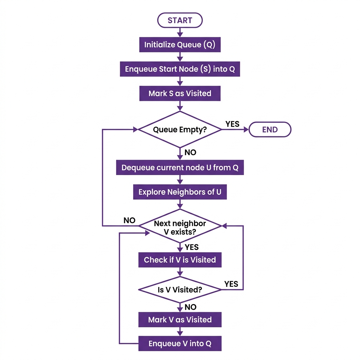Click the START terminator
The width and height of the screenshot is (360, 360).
pos(180,20)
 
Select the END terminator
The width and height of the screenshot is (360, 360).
pos(270,129)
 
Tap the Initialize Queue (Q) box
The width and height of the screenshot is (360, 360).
pos(180,45)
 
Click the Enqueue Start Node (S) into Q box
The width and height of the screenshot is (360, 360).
pos(180,69)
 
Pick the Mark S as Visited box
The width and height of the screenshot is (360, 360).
pos(180,93)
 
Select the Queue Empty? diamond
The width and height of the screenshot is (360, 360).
pos(180,129)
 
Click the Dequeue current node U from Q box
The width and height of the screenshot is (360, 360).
pos(180,168)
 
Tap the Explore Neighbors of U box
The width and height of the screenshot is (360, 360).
pos(180,192)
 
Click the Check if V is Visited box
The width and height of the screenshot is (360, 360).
pos(180,260)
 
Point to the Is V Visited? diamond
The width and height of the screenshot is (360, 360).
pos(180,290)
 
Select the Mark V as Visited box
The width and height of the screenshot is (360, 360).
pos(180,320)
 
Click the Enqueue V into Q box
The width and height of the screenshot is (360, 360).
pos(180,343)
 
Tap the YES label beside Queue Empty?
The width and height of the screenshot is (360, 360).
pos(232,124)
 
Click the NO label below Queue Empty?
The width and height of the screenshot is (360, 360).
pos(190,153)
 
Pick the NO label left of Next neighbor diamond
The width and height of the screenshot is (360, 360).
pos(129,220)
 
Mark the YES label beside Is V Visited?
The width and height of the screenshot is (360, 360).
pos(231,284)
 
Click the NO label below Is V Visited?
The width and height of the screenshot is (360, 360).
pos(190,307)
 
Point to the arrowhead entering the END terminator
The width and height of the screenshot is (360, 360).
pos(246,129)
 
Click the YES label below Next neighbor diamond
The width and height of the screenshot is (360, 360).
pos(192,247)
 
